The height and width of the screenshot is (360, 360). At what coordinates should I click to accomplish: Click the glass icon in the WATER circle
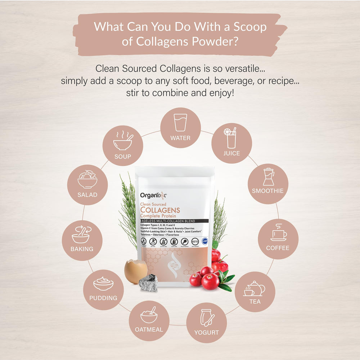pos(180,122)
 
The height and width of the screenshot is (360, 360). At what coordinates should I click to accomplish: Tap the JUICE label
pos(232,153)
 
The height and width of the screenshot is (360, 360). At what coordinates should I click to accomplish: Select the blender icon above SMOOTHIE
pos(268,177)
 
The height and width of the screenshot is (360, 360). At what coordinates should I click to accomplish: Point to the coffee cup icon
pos(278,233)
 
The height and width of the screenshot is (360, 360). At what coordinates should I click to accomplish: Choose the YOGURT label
pos(207,332)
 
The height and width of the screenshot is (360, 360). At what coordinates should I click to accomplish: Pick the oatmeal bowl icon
pos(149,315)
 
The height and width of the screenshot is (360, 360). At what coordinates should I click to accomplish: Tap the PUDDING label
pos(103,298)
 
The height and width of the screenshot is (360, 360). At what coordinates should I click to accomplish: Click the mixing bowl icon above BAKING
pos(81,235)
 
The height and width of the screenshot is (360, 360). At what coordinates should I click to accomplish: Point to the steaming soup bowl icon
pos(123,141)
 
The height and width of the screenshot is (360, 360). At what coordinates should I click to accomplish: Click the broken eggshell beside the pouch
pos(135,272)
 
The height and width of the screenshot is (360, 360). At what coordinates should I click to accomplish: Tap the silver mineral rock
pos(148,283)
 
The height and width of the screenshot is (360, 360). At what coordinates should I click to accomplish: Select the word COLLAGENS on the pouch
pos(160,210)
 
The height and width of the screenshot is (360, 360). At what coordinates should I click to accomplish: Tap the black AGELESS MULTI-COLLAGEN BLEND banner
pos(173,220)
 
